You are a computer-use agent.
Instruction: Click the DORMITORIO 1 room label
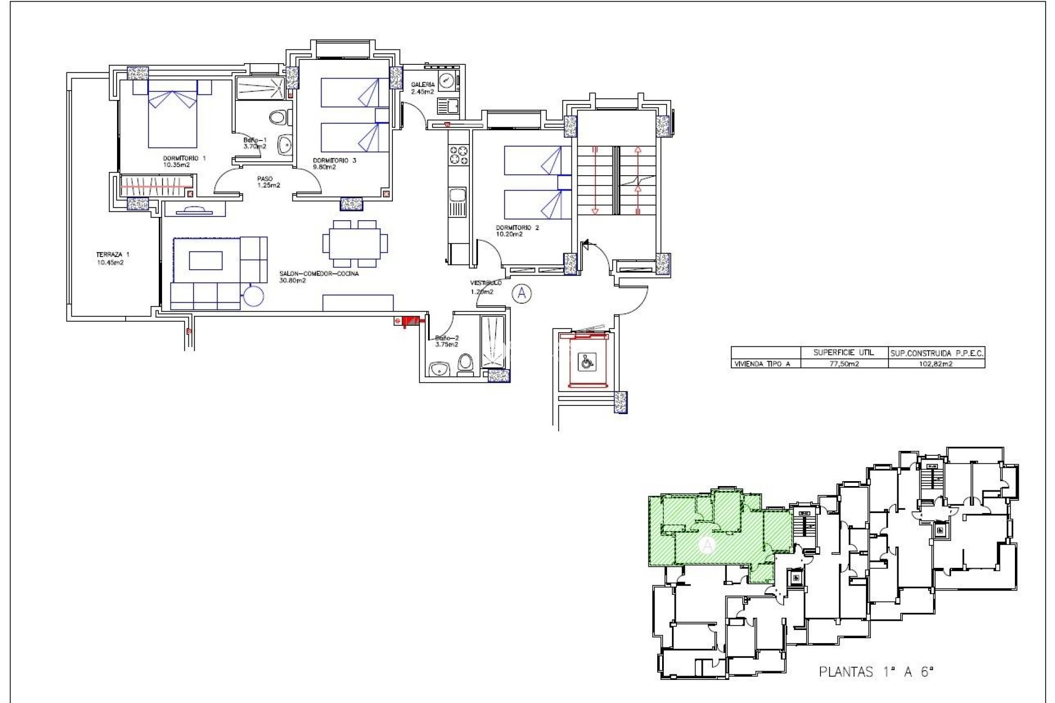184,161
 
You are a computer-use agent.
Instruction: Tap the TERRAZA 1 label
112,258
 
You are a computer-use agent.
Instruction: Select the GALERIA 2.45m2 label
423,88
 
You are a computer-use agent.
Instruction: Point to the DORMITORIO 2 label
517,231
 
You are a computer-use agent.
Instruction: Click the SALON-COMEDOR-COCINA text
319,277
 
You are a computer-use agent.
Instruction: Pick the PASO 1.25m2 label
268,182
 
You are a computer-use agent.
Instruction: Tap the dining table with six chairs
354,244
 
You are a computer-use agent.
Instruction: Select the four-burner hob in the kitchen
458,155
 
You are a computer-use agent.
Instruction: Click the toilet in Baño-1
279,117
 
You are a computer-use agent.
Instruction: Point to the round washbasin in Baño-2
439,369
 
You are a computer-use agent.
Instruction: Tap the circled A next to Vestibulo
521,294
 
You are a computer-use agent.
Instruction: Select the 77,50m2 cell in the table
843,364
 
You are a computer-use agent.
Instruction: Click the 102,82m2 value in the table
936,364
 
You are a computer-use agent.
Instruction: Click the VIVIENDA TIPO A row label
762,364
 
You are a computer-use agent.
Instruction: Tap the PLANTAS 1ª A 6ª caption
876,672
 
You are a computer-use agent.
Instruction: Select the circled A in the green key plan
707,545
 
